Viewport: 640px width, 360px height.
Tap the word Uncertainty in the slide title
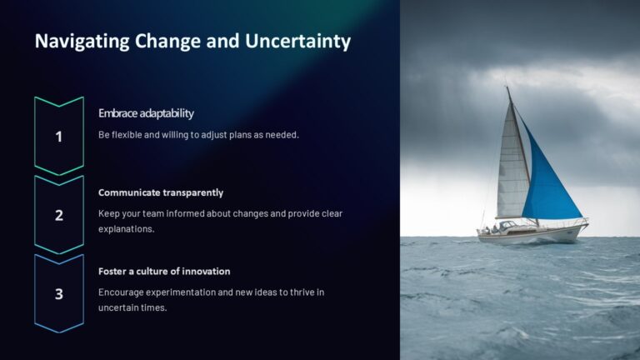point(297,41)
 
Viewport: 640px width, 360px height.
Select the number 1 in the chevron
point(59,137)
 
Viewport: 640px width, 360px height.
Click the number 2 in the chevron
point(59,215)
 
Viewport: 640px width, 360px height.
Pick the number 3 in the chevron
point(59,293)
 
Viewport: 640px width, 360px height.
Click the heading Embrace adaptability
point(146,113)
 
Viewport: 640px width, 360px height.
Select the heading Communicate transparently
point(161,192)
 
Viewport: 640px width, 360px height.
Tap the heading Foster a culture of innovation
point(164,271)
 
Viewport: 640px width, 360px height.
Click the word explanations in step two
point(126,229)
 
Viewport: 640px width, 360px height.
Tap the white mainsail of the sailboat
point(512,167)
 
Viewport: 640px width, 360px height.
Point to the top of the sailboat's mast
point(507,87)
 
